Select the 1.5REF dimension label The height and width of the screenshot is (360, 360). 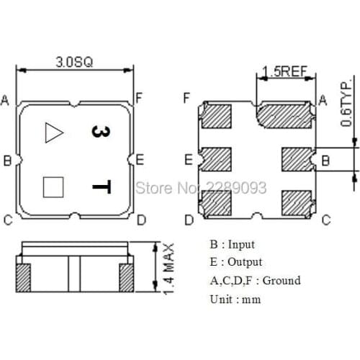[284, 71]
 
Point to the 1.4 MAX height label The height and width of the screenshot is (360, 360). [168, 267]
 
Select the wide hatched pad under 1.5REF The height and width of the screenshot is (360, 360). [285, 114]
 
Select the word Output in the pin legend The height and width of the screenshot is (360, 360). [244, 262]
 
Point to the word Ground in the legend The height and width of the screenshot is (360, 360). [282, 280]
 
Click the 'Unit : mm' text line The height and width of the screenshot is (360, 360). [234, 299]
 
